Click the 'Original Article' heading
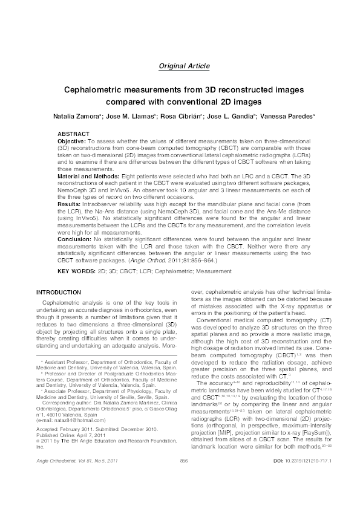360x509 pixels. [185, 65]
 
